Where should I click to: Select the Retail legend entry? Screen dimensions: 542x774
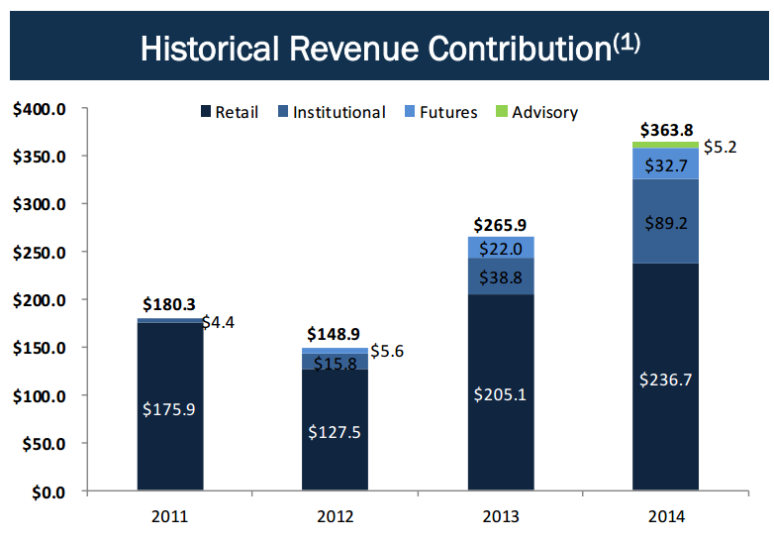pyautogui.click(x=230, y=112)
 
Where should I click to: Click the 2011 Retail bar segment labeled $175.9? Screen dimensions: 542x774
pyautogui.click(x=170, y=407)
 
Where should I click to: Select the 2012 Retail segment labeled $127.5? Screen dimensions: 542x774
pyautogui.click(x=336, y=431)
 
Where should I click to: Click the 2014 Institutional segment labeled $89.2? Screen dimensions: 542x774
pyautogui.click(x=665, y=222)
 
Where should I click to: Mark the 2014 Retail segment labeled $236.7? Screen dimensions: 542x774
pyautogui.click(x=665, y=378)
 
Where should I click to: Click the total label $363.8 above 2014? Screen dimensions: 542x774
pyautogui.click(x=665, y=129)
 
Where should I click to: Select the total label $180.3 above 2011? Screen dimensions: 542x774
pyautogui.click(x=170, y=305)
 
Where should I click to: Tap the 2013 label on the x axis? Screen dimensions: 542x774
pyautogui.click(x=500, y=516)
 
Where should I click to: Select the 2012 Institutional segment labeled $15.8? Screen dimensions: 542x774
pyautogui.click(x=336, y=363)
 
